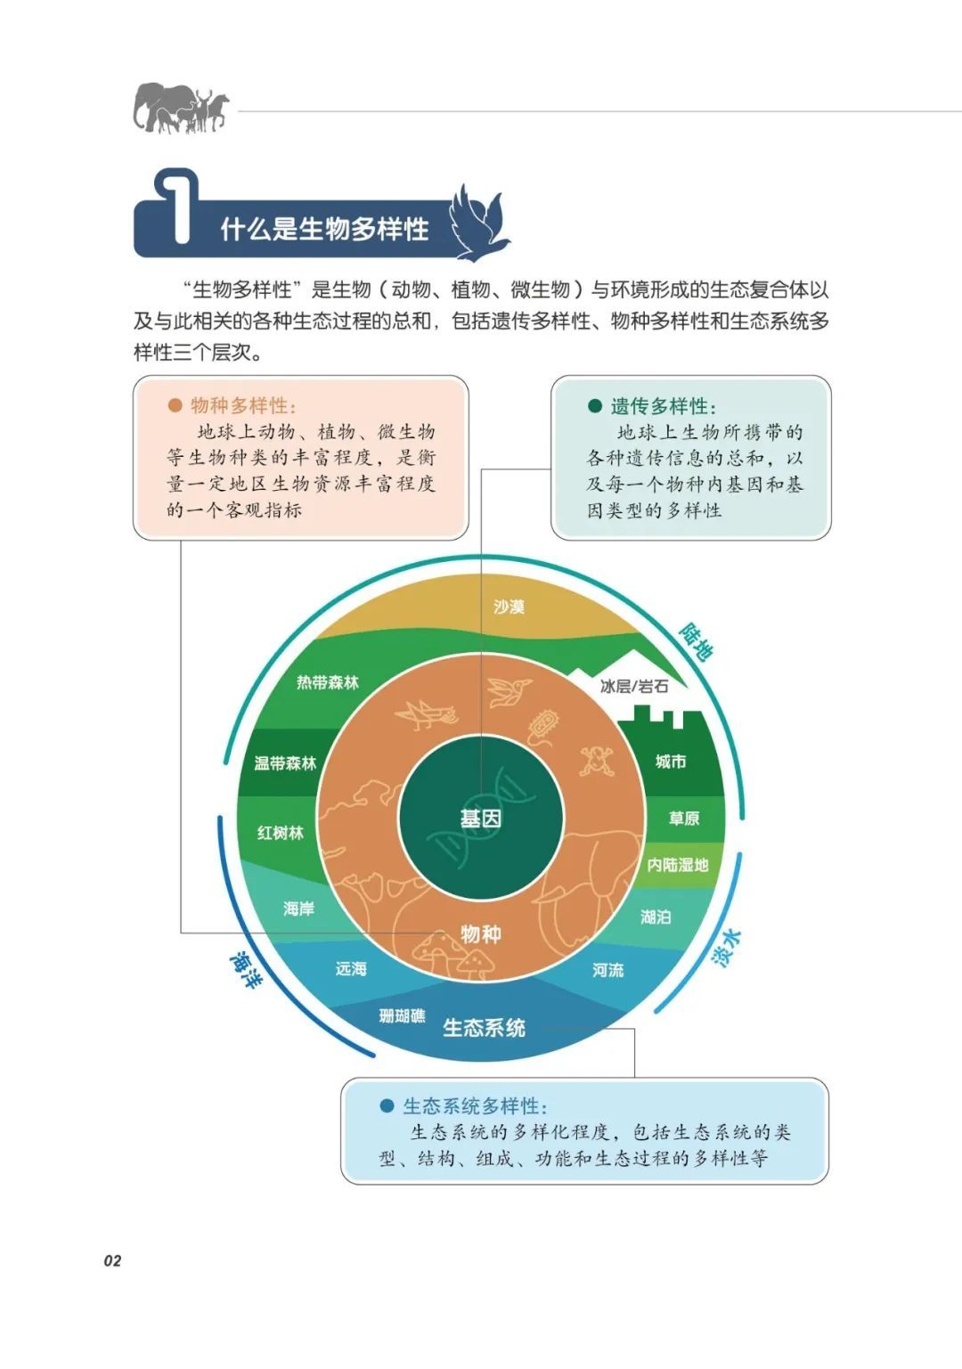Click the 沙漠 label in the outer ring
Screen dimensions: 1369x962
pos(509,607)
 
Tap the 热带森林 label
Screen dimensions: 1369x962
pos(327,682)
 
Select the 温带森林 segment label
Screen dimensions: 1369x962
pos(285,762)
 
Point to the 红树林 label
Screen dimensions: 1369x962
pos(281,832)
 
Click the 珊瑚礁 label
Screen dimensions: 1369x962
pos(402,1015)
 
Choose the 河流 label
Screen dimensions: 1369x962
pos(608,970)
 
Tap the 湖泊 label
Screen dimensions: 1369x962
pos(656,917)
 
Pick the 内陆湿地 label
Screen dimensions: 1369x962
pos(678,865)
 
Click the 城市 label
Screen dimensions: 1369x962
pos(671,762)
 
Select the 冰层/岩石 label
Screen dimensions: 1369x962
pos(633,686)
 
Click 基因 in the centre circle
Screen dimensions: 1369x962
pos(481,819)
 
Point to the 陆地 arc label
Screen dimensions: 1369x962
pos(696,641)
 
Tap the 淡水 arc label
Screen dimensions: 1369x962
pos(726,948)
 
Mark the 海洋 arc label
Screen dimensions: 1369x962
pos(246,970)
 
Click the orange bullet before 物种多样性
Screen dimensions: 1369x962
pos(175,405)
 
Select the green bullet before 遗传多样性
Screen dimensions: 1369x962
pos(595,406)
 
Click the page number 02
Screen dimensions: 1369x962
pos(112,1260)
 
